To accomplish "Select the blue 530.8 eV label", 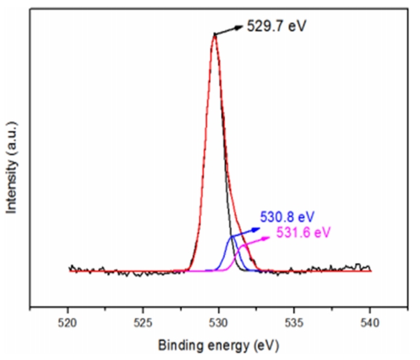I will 287,216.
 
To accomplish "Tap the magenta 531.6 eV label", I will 303,232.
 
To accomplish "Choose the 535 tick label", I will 295,322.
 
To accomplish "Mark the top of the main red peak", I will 214,34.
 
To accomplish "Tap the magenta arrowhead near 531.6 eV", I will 273,236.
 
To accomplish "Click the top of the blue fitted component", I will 232,236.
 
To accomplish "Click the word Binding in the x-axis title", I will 176,346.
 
